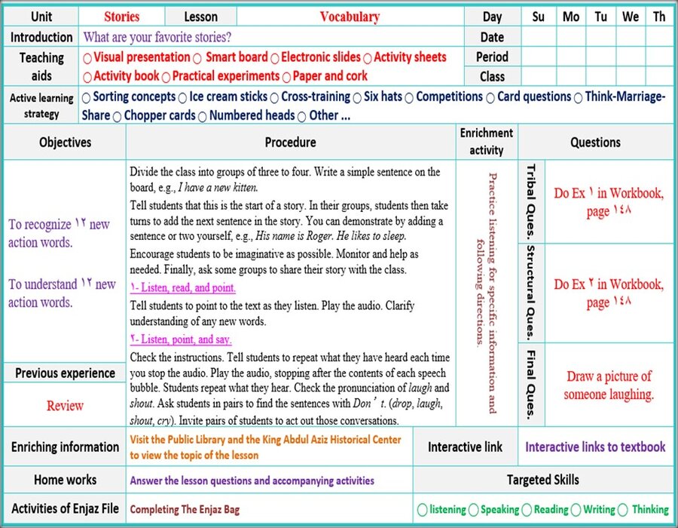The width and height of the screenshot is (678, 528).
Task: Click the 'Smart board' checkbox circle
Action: click(x=197, y=58)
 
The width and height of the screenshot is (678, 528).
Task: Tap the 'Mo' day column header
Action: click(x=570, y=17)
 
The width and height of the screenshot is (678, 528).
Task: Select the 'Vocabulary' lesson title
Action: click(x=350, y=17)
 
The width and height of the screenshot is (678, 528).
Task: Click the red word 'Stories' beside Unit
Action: click(x=122, y=17)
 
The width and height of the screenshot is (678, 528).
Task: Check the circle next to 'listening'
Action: click(x=422, y=510)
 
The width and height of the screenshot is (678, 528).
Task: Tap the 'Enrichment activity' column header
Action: click(x=486, y=141)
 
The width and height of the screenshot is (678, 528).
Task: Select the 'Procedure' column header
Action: click(x=290, y=142)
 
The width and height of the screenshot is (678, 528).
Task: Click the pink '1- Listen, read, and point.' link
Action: click(x=182, y=287)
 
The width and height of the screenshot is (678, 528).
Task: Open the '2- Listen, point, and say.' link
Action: click(x=180, y=339)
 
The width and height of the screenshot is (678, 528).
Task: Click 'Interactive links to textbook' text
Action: click(x=595, y=447)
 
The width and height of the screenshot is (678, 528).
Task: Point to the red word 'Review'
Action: click(x=65, y=406)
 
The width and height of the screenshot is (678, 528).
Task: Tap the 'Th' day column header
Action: click(x=659, y=17)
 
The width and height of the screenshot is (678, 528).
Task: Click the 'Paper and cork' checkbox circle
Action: click(x=286, y=76)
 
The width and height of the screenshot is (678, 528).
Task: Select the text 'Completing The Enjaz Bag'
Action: click(x=185, y=510)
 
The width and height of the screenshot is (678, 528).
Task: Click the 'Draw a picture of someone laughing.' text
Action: click(x=609, y=385)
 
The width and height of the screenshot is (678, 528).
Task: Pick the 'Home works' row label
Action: click(x=65, y=480)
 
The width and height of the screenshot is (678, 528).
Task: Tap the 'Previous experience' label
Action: click(x=65, y=373)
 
